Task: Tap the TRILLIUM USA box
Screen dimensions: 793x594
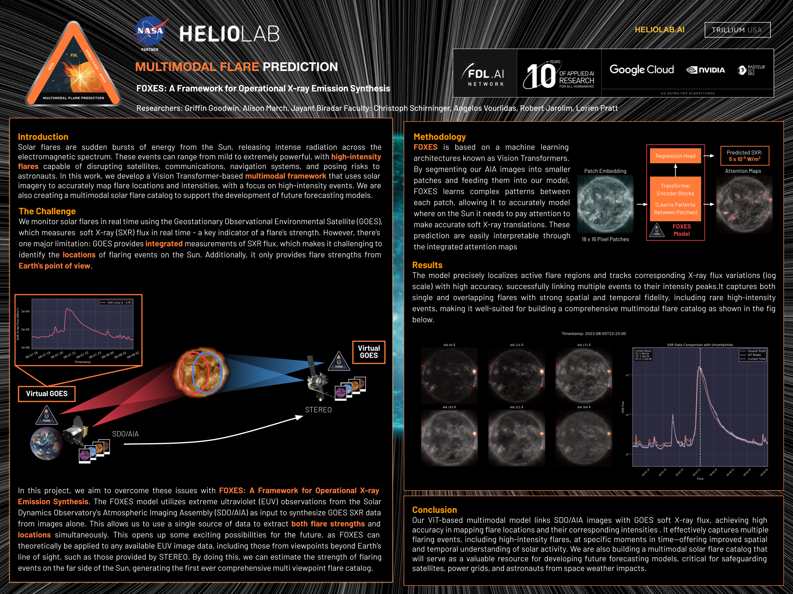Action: click(x=737, y=30)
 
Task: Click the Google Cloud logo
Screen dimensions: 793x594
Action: click(x=641, y=69)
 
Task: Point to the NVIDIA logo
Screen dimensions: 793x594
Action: click(x=705, y=70)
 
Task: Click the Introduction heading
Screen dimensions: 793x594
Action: click(x=43, y=137)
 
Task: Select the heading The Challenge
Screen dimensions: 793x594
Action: click(x=47, y=211)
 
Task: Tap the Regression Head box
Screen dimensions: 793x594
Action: click(x=675, y=156)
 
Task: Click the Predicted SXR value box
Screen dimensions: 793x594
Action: click(x=744, y=156)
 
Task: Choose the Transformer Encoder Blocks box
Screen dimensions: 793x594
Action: click(x=675, y=198)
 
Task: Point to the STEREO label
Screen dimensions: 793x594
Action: click(x=318, y=410)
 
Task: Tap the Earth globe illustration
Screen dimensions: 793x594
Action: click(x=47, y=443)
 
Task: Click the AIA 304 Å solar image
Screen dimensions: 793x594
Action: click(x=584, y=438)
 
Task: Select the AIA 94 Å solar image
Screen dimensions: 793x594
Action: click(x=449, y=376)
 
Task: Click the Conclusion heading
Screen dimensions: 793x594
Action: click(x=434, y=510)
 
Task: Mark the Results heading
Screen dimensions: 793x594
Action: click(x=427, y=265)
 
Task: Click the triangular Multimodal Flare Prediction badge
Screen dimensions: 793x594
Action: click(x=74, y=66)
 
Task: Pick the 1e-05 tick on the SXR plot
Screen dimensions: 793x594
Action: click(x=25, y=329)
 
